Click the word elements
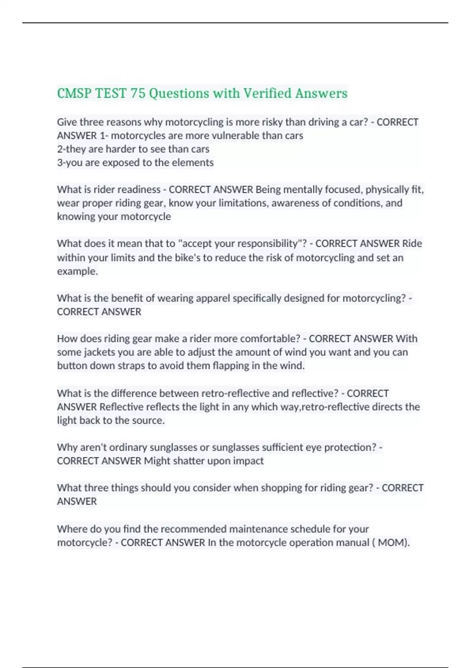pos(194,163)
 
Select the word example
pos(77,271)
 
